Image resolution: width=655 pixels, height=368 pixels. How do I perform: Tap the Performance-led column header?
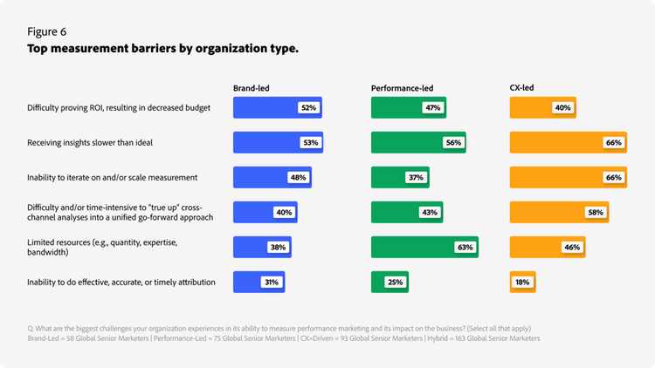pos(402,88)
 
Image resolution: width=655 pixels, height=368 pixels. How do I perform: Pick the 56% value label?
pos(452,143)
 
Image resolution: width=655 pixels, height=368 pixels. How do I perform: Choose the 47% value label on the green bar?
pos(432,108)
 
